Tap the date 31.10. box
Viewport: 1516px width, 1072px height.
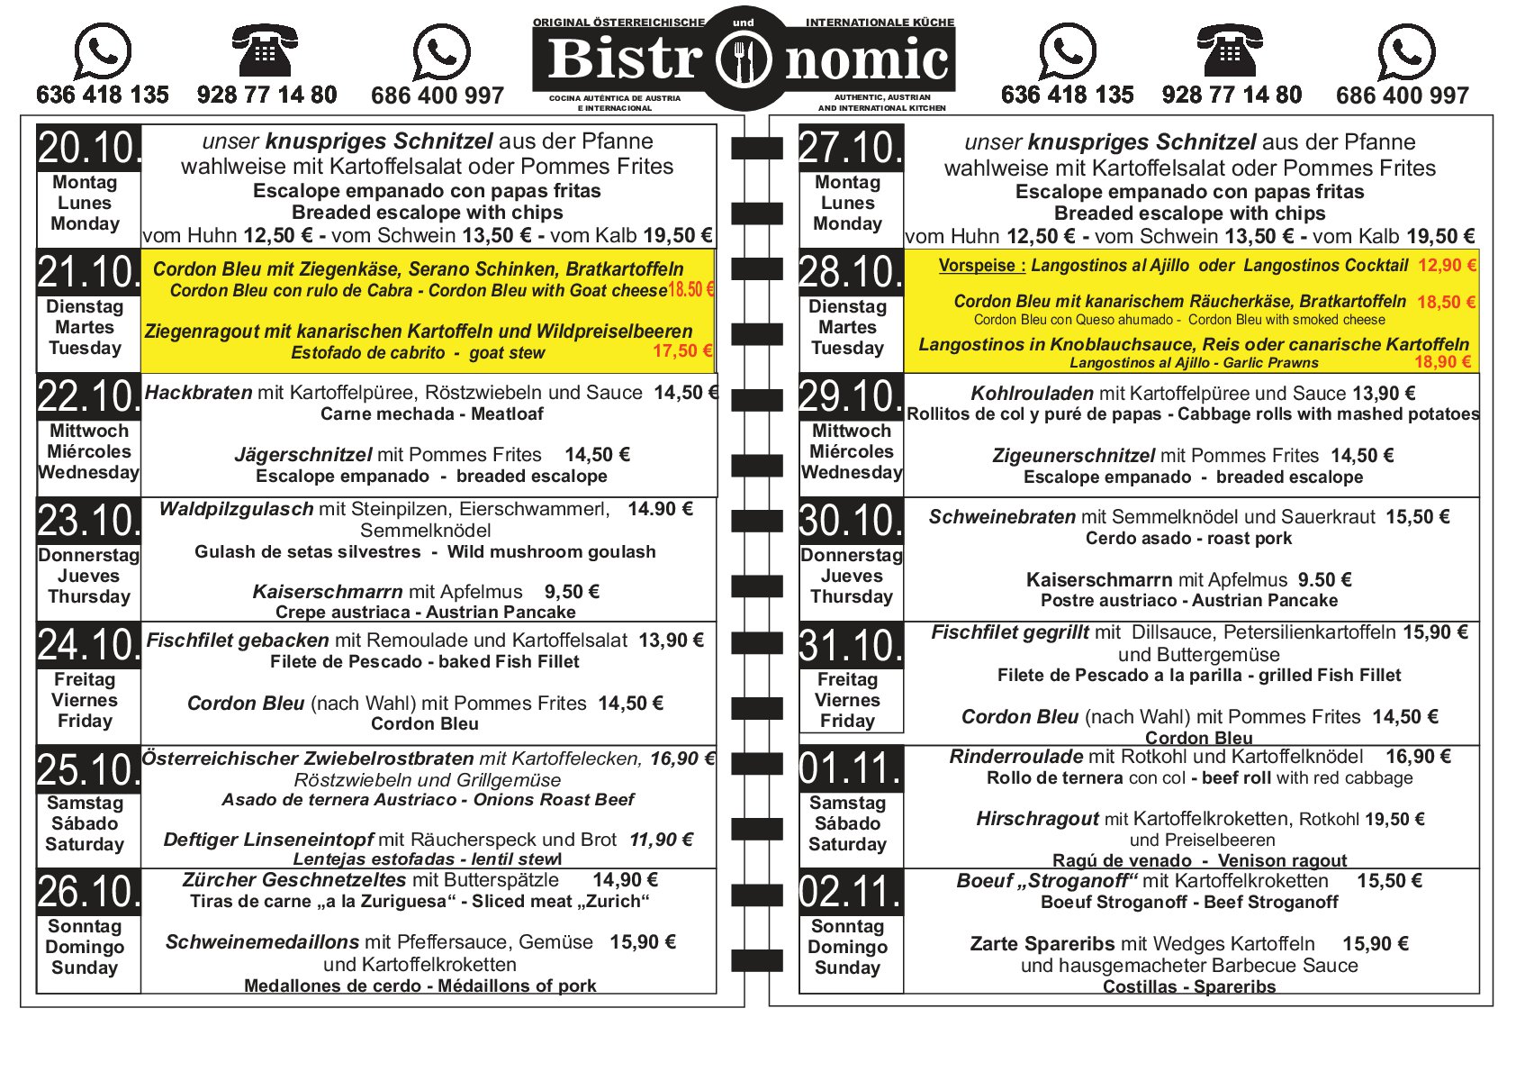coord(851,645)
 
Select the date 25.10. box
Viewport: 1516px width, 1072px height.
coord(88,769)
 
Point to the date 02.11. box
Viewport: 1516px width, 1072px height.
coord(851,892)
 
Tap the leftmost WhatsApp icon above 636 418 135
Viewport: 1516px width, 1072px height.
coord(102,51)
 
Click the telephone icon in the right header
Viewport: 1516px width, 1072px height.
coord(1230,51)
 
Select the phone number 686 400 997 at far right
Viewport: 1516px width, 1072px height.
coord(1402,95)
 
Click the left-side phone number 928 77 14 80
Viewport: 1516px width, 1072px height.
coord(266,95)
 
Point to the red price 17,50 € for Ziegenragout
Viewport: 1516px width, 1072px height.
coord(681,351)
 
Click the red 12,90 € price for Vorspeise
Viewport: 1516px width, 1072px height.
coord(1447,266)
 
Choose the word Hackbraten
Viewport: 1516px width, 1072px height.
coord(198,393)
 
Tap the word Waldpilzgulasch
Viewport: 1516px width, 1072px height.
coord(236,509)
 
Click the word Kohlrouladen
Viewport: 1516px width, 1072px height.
coord(1032,394)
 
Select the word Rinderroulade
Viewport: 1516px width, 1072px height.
coord(1015,757)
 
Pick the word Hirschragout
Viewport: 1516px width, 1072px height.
coord(1037,819)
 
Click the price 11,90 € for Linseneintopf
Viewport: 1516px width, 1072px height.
coord(661,840)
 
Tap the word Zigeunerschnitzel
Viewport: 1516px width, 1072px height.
coord(1073,456)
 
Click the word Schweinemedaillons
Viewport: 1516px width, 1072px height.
coord(262,942)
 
